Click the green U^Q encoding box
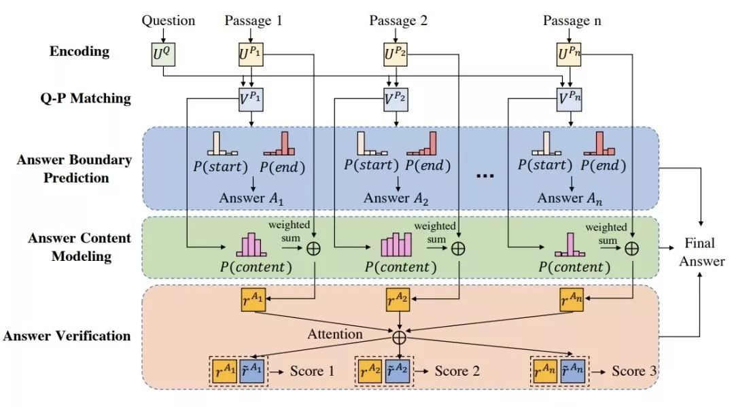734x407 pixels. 163,54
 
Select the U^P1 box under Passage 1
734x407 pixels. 251,54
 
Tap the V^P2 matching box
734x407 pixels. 396,99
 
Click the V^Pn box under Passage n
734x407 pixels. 570,99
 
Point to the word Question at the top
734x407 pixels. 169,20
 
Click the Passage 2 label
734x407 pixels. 398,20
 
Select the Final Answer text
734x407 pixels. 701,251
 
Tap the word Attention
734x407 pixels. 334,334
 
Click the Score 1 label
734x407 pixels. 312,371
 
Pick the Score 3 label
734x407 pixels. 634,371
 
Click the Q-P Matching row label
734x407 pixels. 86,99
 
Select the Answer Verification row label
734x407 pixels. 67,336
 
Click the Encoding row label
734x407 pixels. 80,52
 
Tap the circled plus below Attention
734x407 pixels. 399,337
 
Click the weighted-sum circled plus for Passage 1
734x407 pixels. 313,249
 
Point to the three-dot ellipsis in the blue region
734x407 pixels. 485,176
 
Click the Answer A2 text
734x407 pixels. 396,198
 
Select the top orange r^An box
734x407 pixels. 572,300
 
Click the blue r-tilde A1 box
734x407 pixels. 251,372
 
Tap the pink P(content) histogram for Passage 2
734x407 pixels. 396,244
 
